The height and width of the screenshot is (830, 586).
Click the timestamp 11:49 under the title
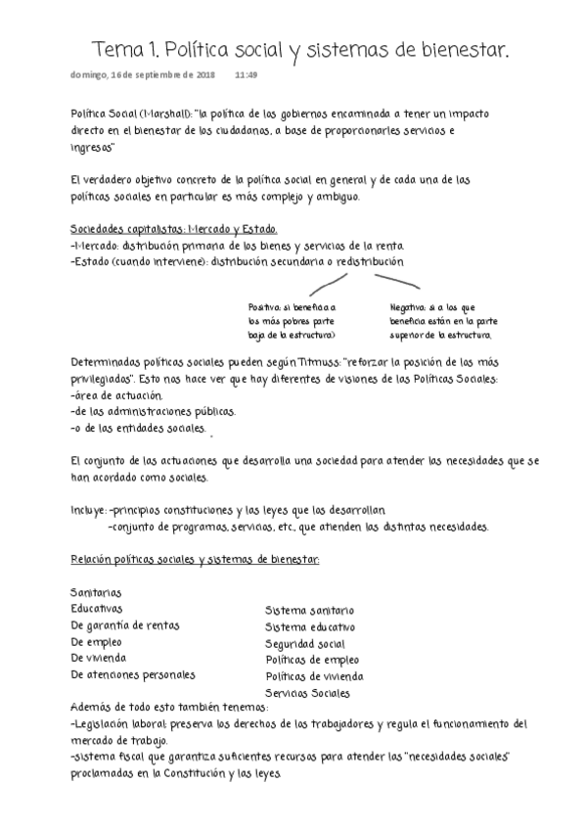[246, 74]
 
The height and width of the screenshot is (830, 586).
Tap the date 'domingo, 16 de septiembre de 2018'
[144, 74]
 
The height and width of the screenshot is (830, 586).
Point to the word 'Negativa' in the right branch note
[409, 306]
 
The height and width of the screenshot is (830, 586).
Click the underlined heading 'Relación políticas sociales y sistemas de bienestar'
[181, 559]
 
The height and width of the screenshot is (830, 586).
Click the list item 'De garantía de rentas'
[125, 625]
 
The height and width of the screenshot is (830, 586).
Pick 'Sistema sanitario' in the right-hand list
[309, 611]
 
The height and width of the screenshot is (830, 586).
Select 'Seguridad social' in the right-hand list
[305, 644]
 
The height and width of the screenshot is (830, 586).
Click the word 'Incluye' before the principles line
[89, 510]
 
